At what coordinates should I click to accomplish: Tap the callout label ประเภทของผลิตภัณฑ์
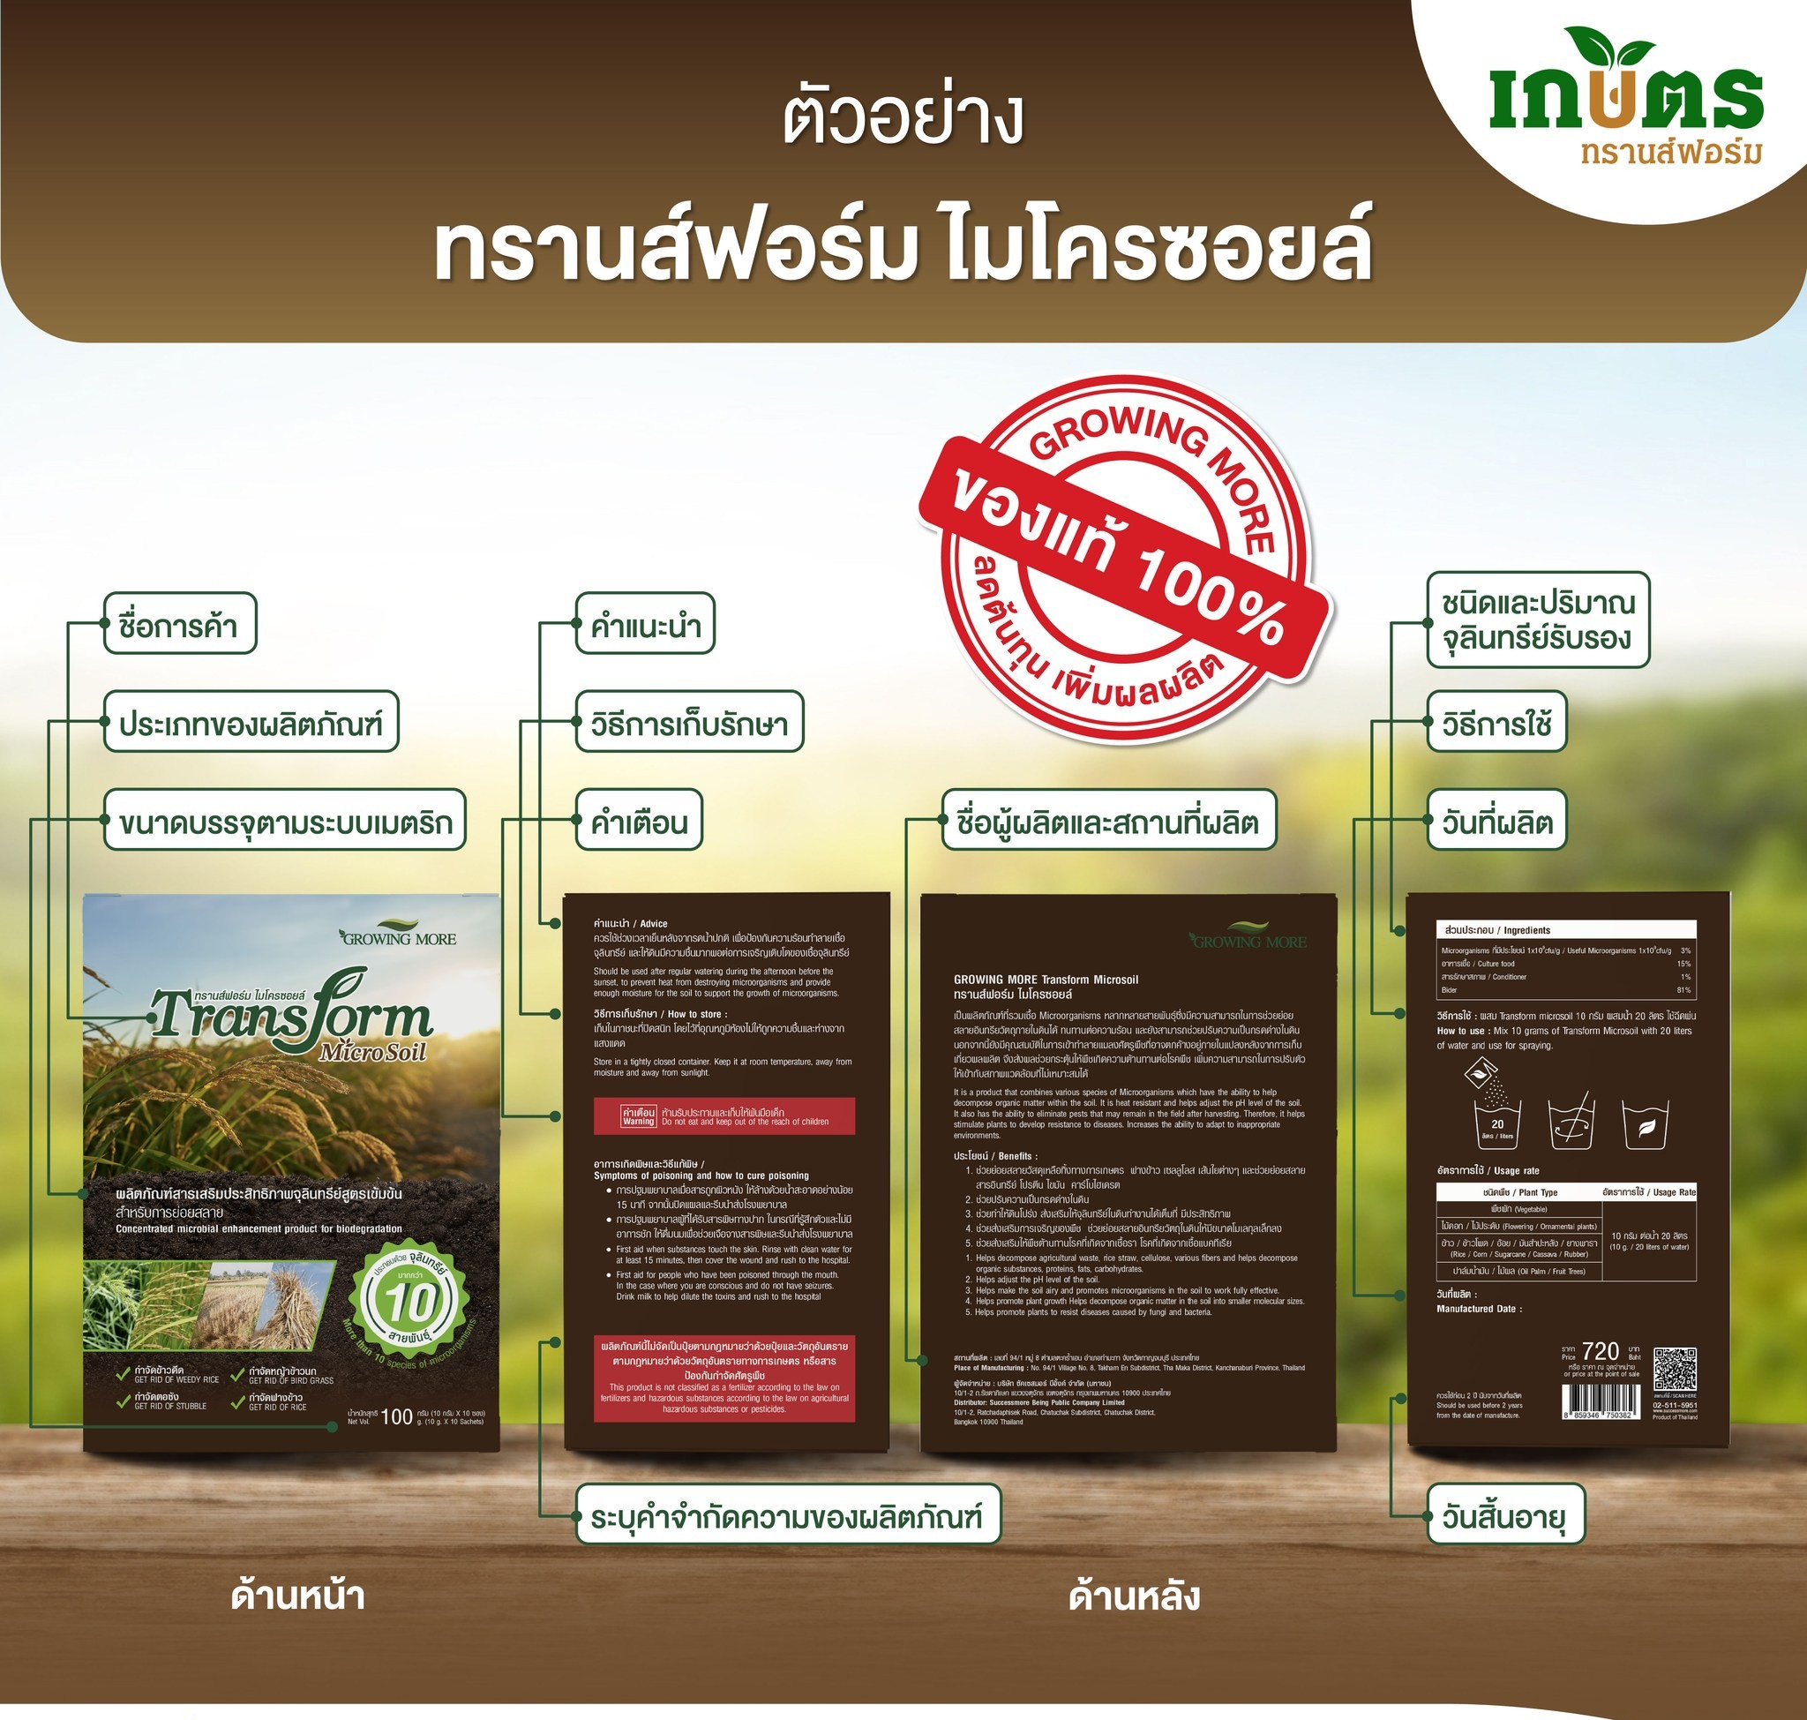[x=251, y=723]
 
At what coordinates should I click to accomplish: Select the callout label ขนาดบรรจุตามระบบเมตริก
[x=284, y=821]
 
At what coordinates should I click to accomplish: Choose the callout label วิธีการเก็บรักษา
[x=688, y=723]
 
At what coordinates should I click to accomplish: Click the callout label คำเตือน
[x=638, y=821]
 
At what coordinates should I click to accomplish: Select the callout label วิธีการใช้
[x=1496, y=723]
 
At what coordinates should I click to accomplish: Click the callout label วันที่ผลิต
[x=1496, y=821]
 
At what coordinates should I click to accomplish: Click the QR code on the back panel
[x=1674, y=1370]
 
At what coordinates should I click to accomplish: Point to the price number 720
[x=1601, y=1351]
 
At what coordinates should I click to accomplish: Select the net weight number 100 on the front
[x=396, y=1416]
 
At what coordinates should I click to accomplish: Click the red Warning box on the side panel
[x=724, y=1115]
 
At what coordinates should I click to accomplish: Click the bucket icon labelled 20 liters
[x=1497, y=1121]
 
